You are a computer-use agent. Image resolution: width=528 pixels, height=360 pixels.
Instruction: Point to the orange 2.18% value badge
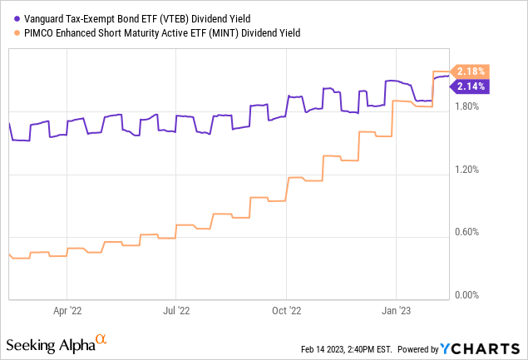coord(471,72)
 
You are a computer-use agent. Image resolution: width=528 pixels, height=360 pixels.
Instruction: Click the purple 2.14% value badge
coord(471,86)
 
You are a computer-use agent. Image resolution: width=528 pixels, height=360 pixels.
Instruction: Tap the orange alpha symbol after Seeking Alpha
coord(101,339)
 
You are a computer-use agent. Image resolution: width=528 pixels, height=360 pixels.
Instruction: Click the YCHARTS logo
coord(486,347)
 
